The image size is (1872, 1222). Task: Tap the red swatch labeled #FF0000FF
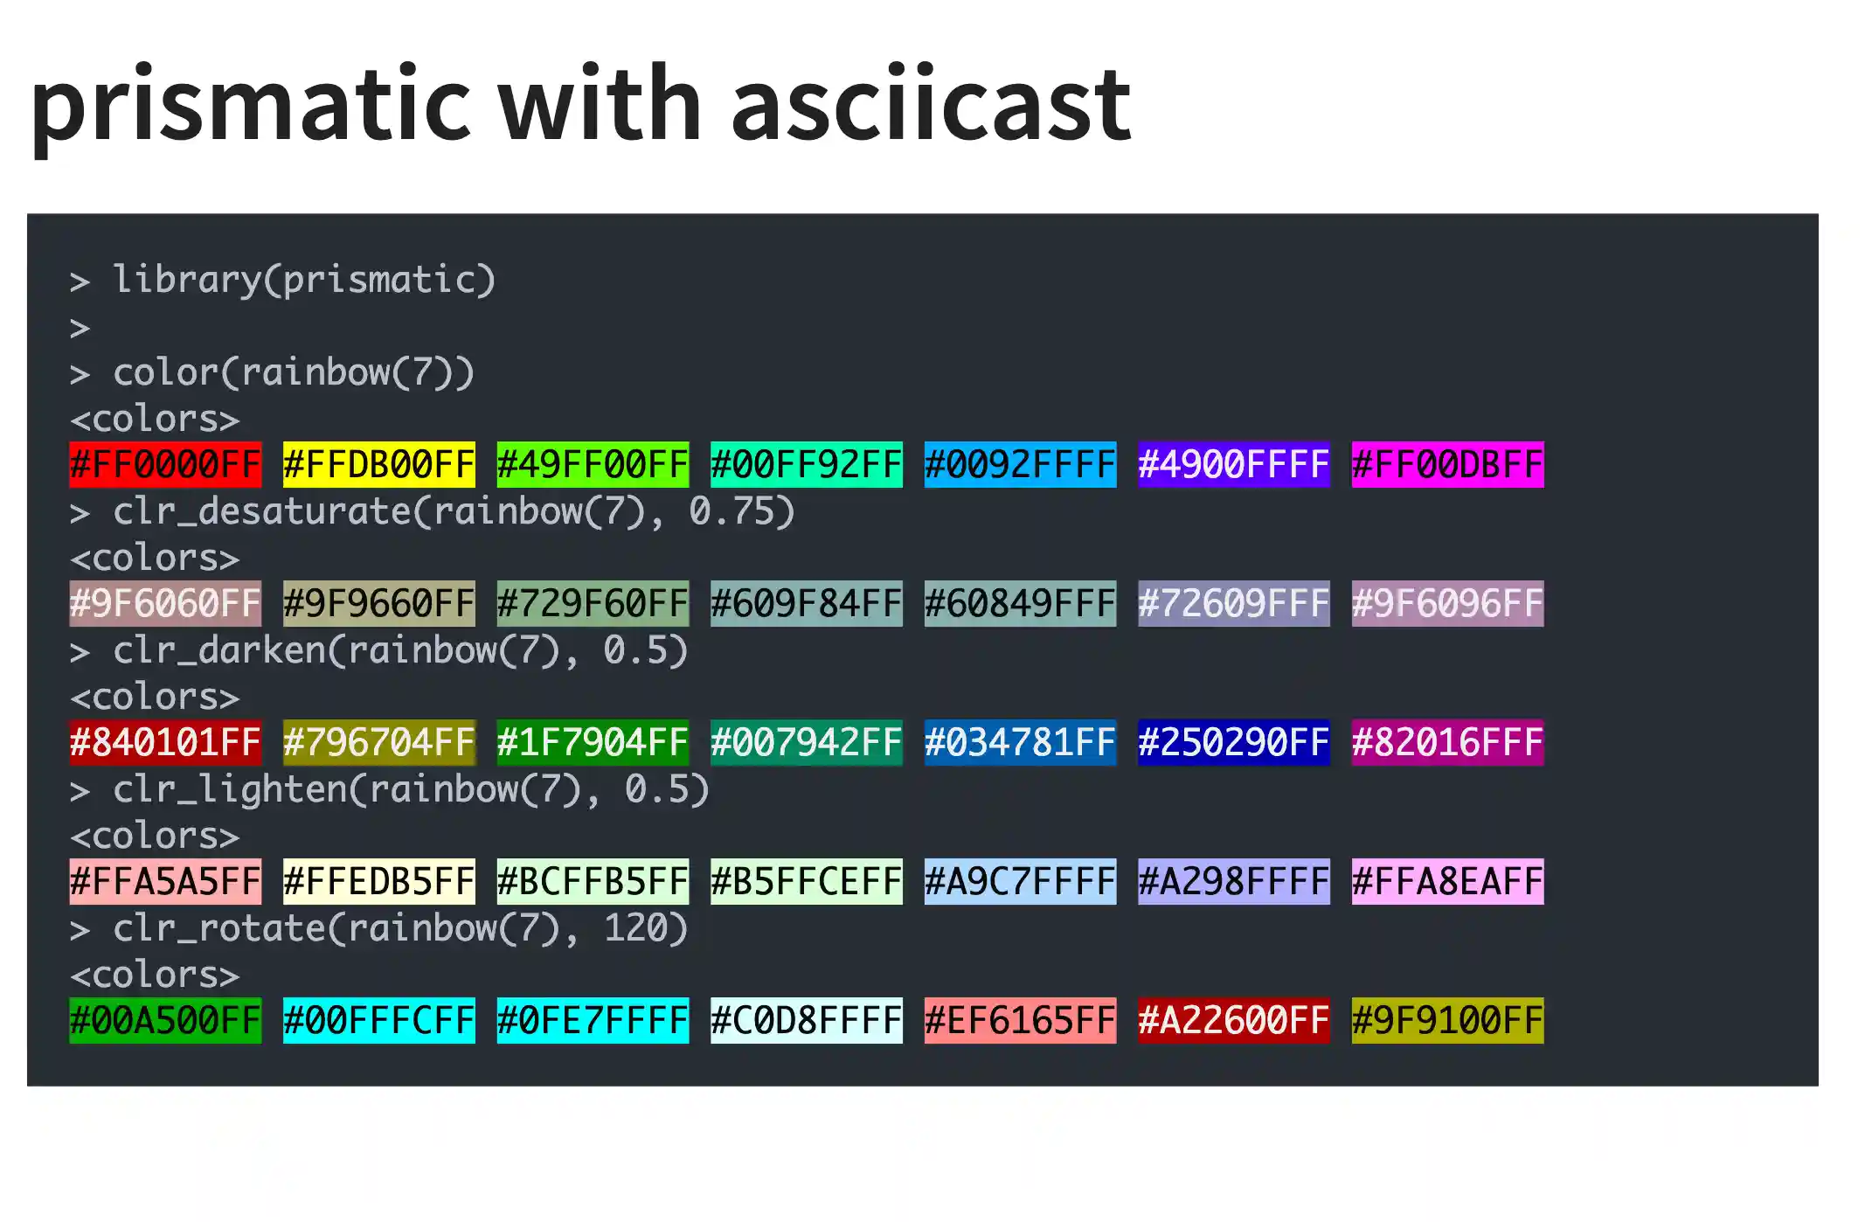pyautogui.click(x=165, y=464)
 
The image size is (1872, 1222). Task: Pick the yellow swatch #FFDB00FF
pyautogui.click(x=379, y=464)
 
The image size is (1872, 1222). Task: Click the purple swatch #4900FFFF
pyautogui.click(x=1234, y=464)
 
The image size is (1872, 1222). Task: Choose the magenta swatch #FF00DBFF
pyautogui.click(x=1447, y=464)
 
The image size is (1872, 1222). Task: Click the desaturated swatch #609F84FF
pyautogui.click(x=807, y=603)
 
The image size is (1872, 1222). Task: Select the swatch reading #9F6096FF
pyautogui.click(x=1447, y=603)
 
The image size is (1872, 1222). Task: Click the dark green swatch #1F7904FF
pyautogui.click(x=593, y=742)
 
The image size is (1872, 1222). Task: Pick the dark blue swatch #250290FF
pyautogui.click(x=1234, y=742)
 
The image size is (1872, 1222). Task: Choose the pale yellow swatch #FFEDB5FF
pyautogui.click(x=379, y=881)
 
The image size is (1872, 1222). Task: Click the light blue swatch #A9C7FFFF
pyautogui.click(x=1020, y=881)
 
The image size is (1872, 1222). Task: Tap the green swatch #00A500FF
pyautogui.click(x=165, y=1020)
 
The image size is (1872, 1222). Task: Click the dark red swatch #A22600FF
pyautogui.click(x=1234, y=1020)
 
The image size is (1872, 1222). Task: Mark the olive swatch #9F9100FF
pyautogui.click(x=1447, y=1020)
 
